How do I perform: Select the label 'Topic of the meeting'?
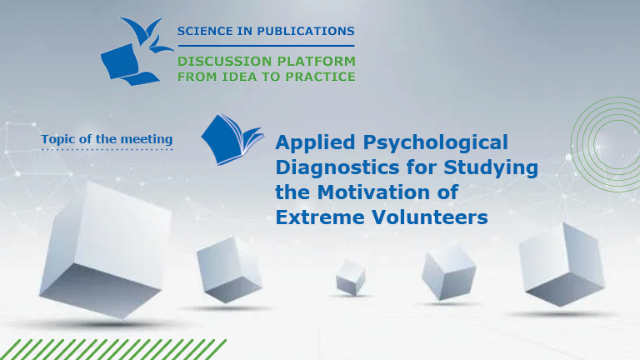[107, 138]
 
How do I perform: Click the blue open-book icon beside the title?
[231, 139]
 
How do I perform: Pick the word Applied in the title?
[314, 142]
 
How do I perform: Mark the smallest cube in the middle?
[350, 277]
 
